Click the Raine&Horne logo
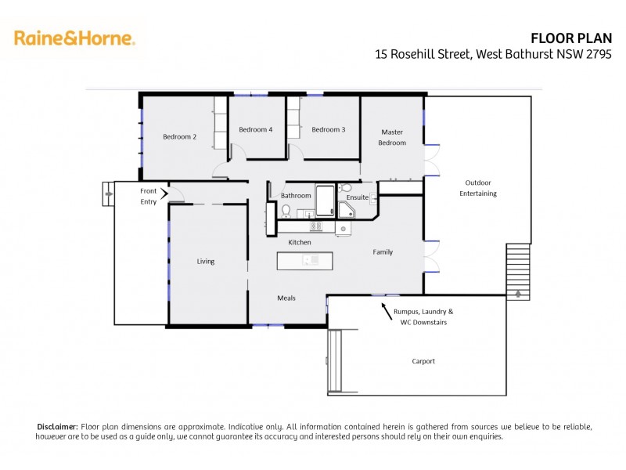coord(74,38)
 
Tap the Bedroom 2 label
coord(179,137)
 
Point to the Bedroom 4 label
coord(255,129)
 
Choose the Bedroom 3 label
coord(328,129)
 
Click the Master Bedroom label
coord(392,137)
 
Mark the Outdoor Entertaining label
coord(478,188)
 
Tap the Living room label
coord(205,262)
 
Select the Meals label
coord(286,298)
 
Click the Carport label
coord(423,361)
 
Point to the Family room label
coord(383,252)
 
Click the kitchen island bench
coord(304,260)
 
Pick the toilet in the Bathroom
coord(286,211)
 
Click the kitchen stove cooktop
coord(318,227)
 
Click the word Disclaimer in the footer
coord(57,426)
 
